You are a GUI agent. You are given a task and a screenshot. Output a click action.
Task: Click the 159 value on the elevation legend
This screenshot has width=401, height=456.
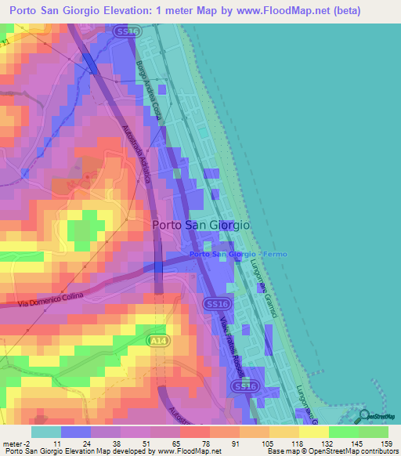coord(384,443)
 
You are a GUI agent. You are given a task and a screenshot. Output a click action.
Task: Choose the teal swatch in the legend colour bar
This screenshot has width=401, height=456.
coord(45,432)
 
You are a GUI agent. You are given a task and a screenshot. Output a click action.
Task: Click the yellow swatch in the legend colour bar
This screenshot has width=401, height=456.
coord(314,432)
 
